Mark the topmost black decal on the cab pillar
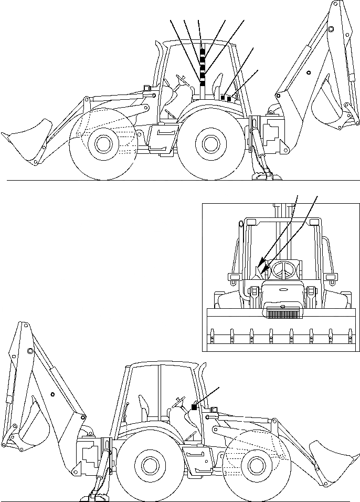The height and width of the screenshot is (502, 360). click(203, 51)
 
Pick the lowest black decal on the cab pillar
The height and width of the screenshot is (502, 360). click(202, 82)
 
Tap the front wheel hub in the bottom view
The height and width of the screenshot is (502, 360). click(255, 464)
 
